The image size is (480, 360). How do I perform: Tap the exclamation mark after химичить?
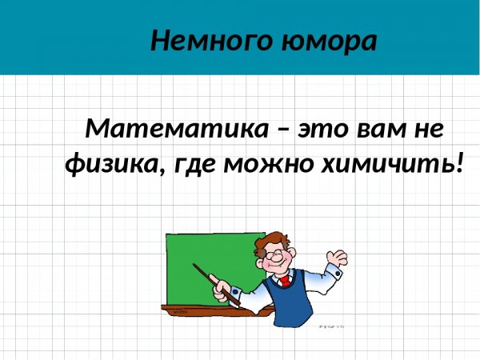pyautogui.click(x=458, y=164)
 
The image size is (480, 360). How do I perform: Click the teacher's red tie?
pyautogui.click(x=285, y=281)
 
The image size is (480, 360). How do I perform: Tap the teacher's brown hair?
pyautogui.click(x=272, y=240)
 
